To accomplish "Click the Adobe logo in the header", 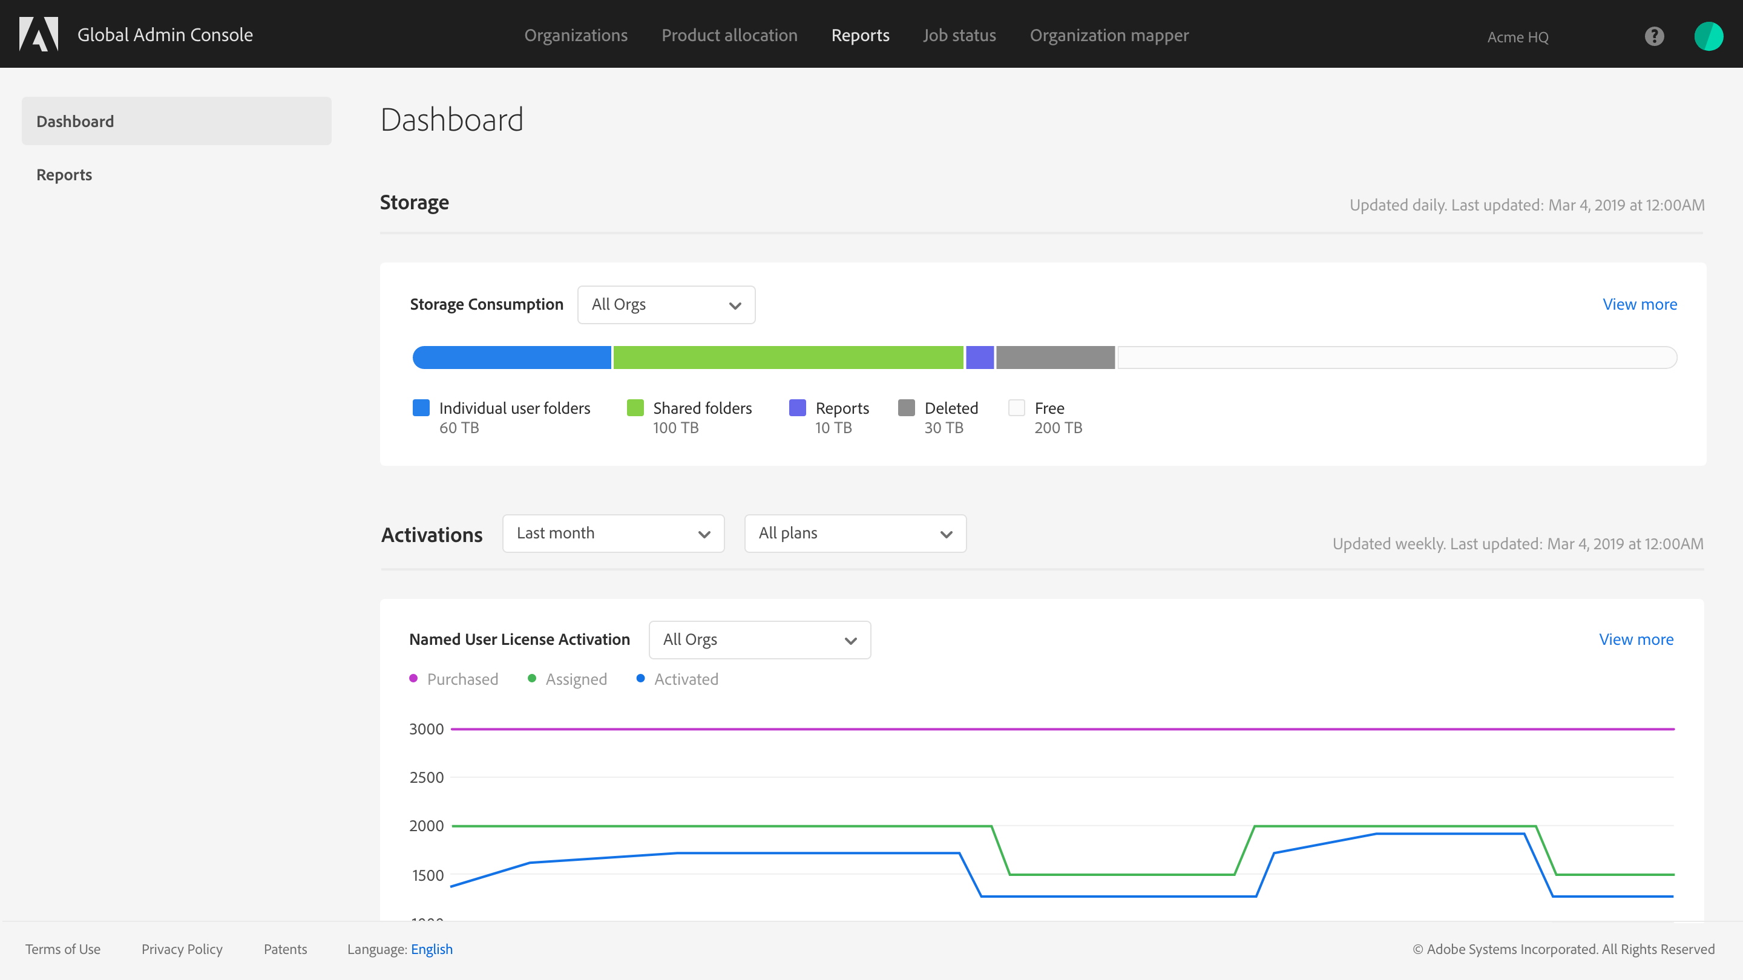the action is [x=39, y=34].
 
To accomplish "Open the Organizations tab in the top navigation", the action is [x=576, y=35].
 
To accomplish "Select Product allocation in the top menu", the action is [x=729, y=35].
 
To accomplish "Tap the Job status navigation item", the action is [x=959, y=35].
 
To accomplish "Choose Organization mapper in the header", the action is [x=1109, y=35].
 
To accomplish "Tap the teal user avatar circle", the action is [x=1709, y=36].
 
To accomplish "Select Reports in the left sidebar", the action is [x=64, y=174].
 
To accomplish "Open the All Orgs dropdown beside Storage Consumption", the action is [x=666, y=304].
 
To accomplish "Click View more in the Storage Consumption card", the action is [x=1640, y=304].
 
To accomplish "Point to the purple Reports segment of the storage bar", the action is [x=980, y=357].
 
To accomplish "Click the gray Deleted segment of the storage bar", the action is [x=1055, y=357].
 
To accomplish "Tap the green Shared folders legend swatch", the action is [x=635, y=408].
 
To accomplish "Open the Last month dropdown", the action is [x=613, y=534].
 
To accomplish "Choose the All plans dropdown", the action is [x=855, y=534].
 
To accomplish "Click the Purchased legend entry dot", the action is [x=413, y=678].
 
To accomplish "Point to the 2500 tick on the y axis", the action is [x=426, y=777].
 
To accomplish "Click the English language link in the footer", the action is [x=432, y=949].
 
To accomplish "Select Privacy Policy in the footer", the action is [x=182, y=949].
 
